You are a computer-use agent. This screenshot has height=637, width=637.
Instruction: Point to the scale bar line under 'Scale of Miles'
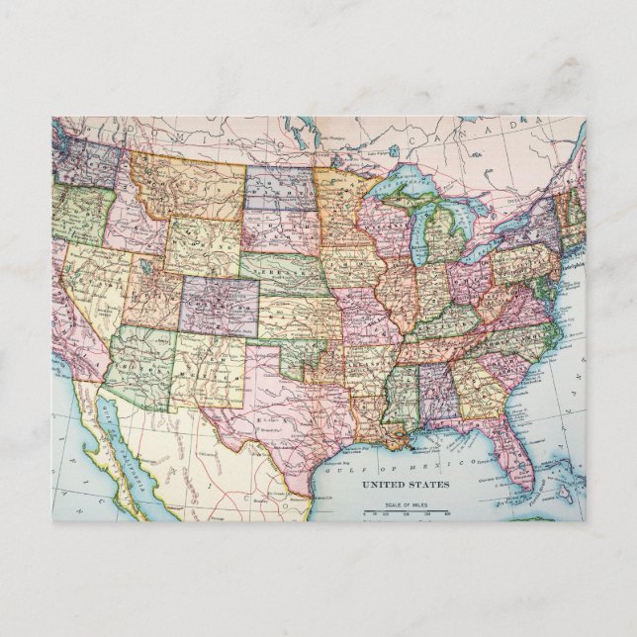click(406, 513)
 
